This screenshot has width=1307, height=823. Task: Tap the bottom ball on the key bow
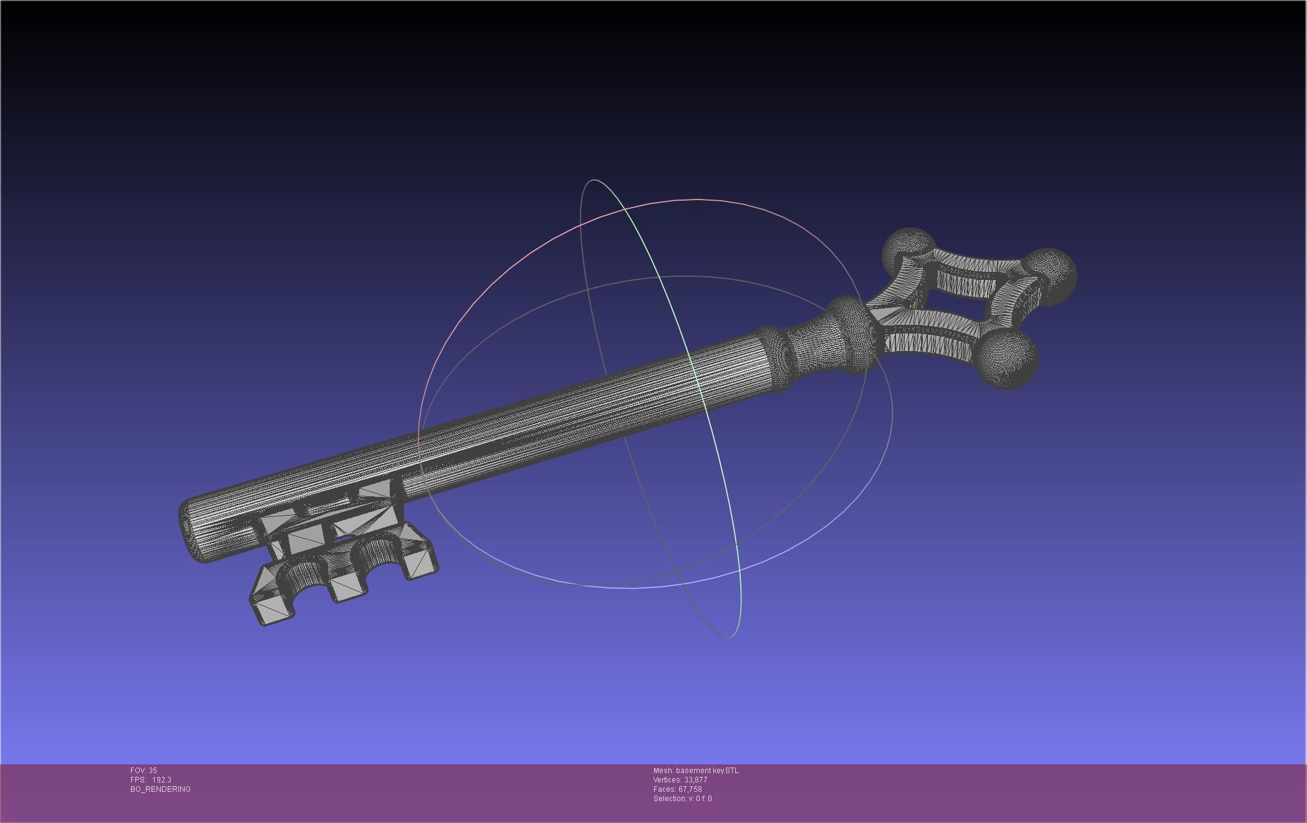pos(1008,360)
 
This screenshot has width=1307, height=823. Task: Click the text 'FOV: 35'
pos(143,771)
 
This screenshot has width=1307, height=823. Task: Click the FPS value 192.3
pos(162,780)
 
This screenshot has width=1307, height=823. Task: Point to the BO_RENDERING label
pos(160,789)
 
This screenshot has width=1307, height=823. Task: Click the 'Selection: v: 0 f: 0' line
pos(682,799)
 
